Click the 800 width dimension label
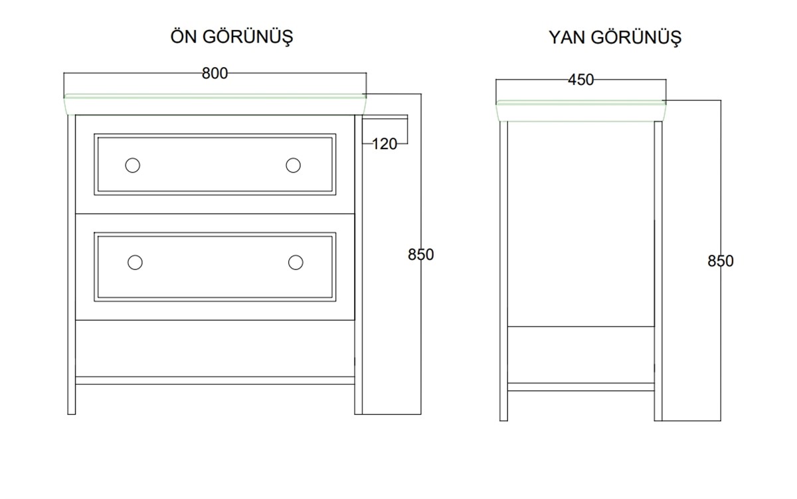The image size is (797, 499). point(215,74)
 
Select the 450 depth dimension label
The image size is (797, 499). point(580,80)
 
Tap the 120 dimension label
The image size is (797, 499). point(385,144)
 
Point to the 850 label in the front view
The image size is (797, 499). point(421,254)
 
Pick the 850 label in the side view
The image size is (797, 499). point(721,261)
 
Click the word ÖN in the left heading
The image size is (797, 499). point(183,36)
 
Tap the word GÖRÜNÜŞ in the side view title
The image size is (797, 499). point(636,38)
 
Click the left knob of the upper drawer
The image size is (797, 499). point(133,165)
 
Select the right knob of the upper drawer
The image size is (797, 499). point(293,165)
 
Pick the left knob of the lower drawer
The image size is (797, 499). point(135,262)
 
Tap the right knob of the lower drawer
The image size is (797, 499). point(296,262)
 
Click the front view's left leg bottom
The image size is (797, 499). point(72,414)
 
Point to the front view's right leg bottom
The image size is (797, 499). point(358,414)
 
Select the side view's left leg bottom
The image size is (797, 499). point(504,421)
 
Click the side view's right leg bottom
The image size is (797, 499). point(658,421)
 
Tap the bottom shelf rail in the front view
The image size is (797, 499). point(215,381)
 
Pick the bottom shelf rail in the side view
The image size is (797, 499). point(581,387)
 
